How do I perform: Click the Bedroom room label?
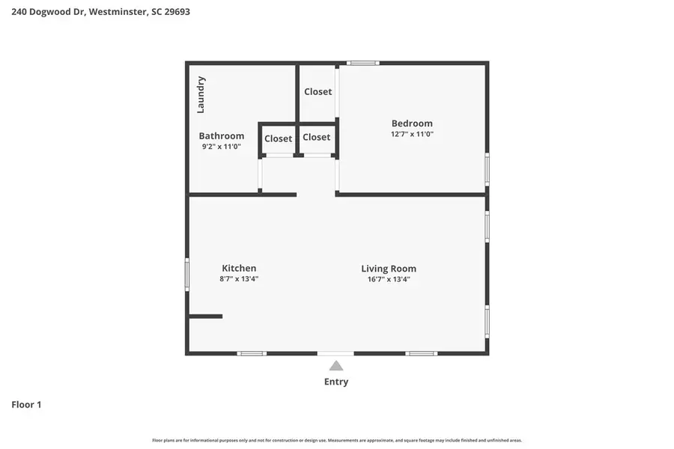[x=412, y=123]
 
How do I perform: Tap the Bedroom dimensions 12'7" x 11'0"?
[x=412, y=135]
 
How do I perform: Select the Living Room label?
[x=389, y=269]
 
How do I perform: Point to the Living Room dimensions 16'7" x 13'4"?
[x=389, y=279]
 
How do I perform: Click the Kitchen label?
[x=239, y=268]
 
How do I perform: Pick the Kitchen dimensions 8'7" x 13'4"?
[x=239, y=279]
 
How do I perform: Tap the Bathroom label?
[x=221, y=136]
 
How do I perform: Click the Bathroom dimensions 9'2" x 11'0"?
[x=221, y=147]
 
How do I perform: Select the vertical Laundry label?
[x=201, y=94]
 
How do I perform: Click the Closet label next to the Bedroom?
[x=318, y=92]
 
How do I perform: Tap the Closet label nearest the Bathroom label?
[x=278, y=138]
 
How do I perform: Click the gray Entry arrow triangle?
[x=336, y=366]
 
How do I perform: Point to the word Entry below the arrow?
[x=336, y=382]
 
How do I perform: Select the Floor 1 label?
[x=26, y=405]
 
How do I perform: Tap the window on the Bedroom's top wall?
[x=362, y=63]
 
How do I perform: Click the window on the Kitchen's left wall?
[x=187, y=274]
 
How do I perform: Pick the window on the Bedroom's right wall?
[x=487, y=168]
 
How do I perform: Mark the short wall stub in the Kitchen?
[x=206, y=317]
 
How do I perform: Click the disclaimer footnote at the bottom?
[x=337, y=441]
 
